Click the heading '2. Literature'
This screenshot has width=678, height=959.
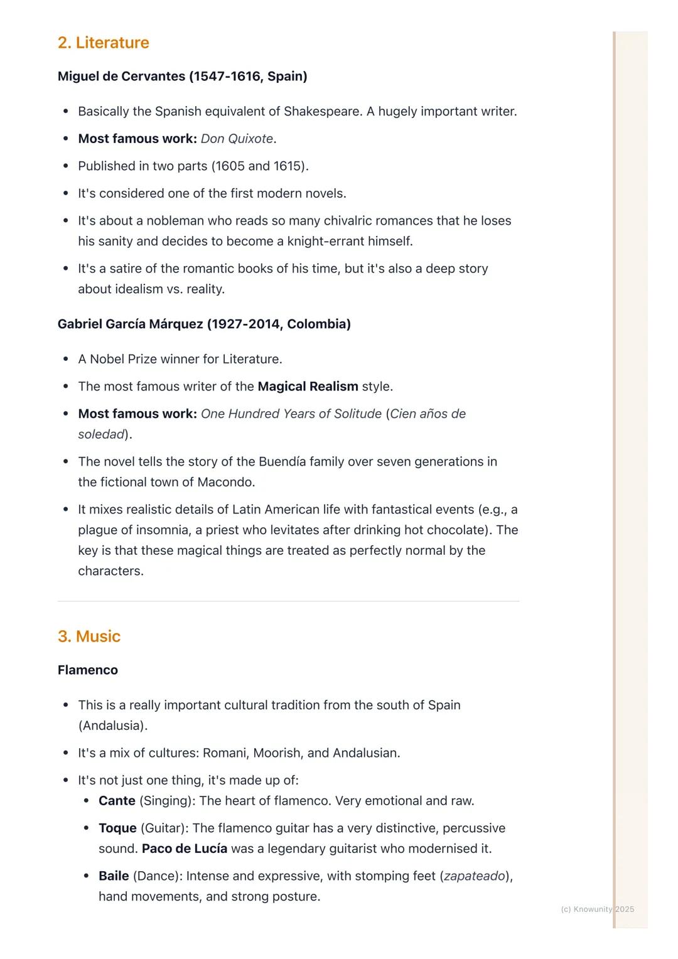pyautogui.click(x=103, y=43)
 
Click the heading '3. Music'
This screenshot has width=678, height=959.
pyautogui.click(x=89, y=636)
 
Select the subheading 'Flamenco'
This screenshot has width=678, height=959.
pyautogui.click(x=87, y=670)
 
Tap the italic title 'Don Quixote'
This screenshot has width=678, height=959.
pyautogui.click(x=237, y=139)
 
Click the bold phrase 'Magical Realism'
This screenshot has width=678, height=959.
pyautogui.click(x=308, y=387)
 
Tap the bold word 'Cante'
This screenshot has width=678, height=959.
pyautogui.click(x=117, y=801)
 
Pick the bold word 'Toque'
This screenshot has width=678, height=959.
pyautogui.click(x=117, y=828)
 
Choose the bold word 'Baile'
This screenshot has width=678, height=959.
pyautogui.click(x=114, y=876)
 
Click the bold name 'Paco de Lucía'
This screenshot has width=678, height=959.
pyautogui.click(x=185, y=849)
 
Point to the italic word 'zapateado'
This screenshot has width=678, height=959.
pyautogui.click(x=475, y=876)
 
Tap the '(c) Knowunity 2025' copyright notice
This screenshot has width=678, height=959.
pyautogui.click(x=597, y=909)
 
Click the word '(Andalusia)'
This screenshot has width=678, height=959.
pyautogui.click(x=113, y=726)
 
